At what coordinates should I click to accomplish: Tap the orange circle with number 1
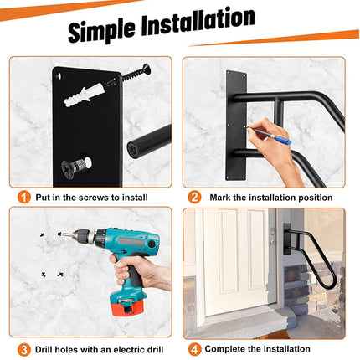pos(26,198)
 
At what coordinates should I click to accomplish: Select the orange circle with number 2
pos(194,198)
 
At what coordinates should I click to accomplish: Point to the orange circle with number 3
pos(26,348)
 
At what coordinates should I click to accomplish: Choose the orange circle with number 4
pos(194,348)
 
